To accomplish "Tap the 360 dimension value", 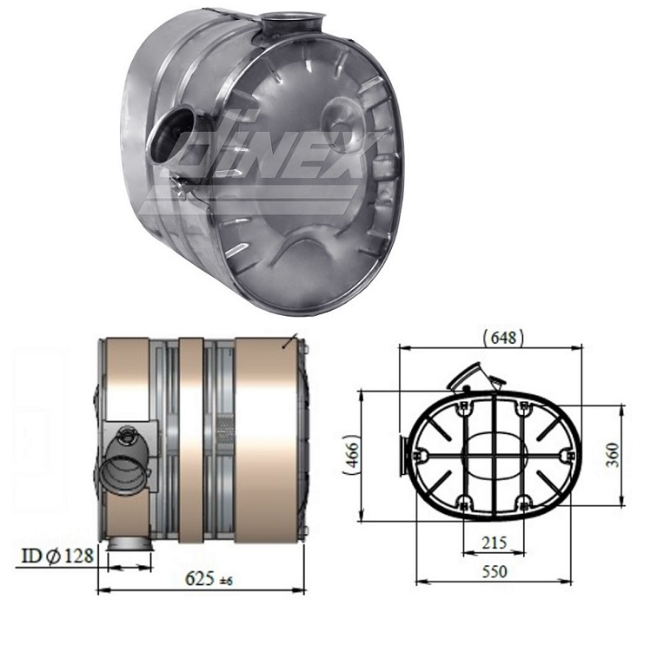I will click(x=638, y=454).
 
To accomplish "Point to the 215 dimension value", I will click(x=493, y=543).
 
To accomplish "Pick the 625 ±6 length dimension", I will click(x=206, y=576).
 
